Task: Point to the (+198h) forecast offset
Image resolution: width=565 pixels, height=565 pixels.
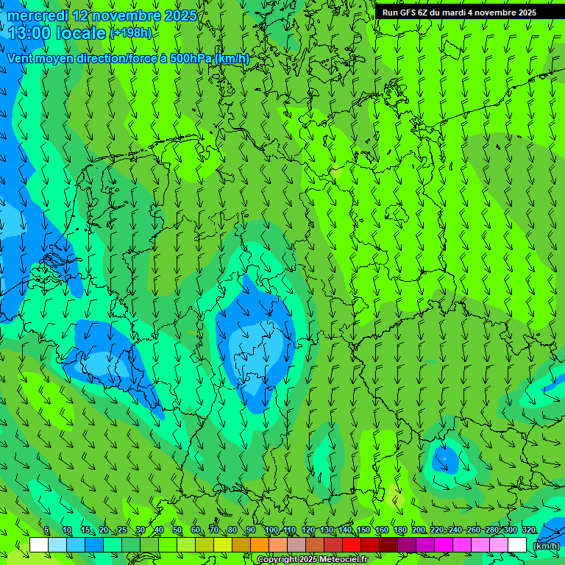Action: pos(131,32)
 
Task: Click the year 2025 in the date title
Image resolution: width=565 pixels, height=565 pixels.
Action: pos(180,15)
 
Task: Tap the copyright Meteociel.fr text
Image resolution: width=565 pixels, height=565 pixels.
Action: pos(312,559)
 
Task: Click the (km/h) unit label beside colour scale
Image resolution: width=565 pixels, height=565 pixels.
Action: pos(545,545)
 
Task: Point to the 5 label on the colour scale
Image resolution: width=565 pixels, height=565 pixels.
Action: pos(46,530)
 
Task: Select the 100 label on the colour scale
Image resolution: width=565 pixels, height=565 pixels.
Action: pos(271,530)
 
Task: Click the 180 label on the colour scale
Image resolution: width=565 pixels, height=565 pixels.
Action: pos(399,530)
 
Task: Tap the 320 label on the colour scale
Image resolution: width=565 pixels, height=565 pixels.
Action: pos(528,530)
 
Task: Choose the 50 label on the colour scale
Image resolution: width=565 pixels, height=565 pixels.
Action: pos(177,530)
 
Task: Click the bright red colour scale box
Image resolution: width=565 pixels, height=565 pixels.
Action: pos(352,545)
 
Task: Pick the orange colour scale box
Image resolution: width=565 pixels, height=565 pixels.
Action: pos(260,545)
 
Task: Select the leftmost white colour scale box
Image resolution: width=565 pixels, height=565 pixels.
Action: pos(39,545)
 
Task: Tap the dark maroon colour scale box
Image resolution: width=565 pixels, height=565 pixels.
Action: pos(388,545)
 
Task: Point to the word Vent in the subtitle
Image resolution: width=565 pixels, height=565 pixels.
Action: pos(21,58)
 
